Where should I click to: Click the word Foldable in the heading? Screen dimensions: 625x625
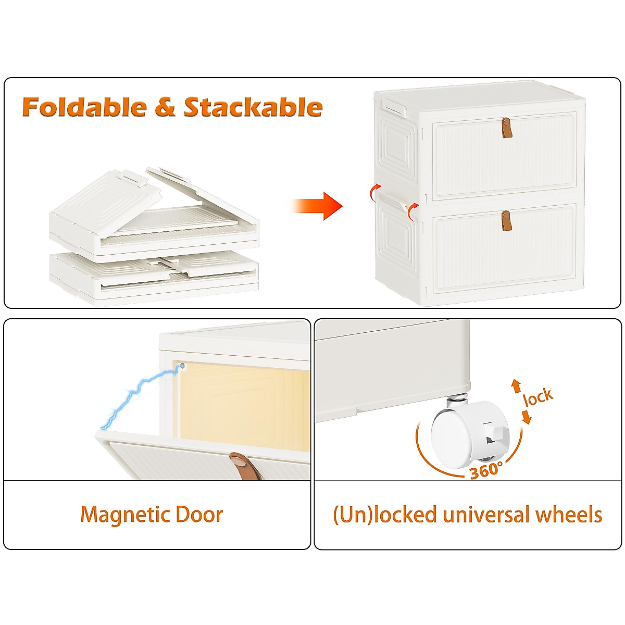[84, 107]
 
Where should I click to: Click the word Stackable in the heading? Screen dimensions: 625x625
[253, 107]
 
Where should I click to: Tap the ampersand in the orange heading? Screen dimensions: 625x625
[165, 107]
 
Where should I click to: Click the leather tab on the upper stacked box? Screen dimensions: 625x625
[506, 128]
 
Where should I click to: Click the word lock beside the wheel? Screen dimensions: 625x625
[538, 397]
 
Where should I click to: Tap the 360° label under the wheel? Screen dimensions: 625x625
[486, 470]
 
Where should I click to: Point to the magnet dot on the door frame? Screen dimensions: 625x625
[183, 366]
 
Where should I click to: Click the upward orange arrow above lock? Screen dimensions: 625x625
[516, 385]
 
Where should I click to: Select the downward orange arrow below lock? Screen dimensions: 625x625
[527, 417]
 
